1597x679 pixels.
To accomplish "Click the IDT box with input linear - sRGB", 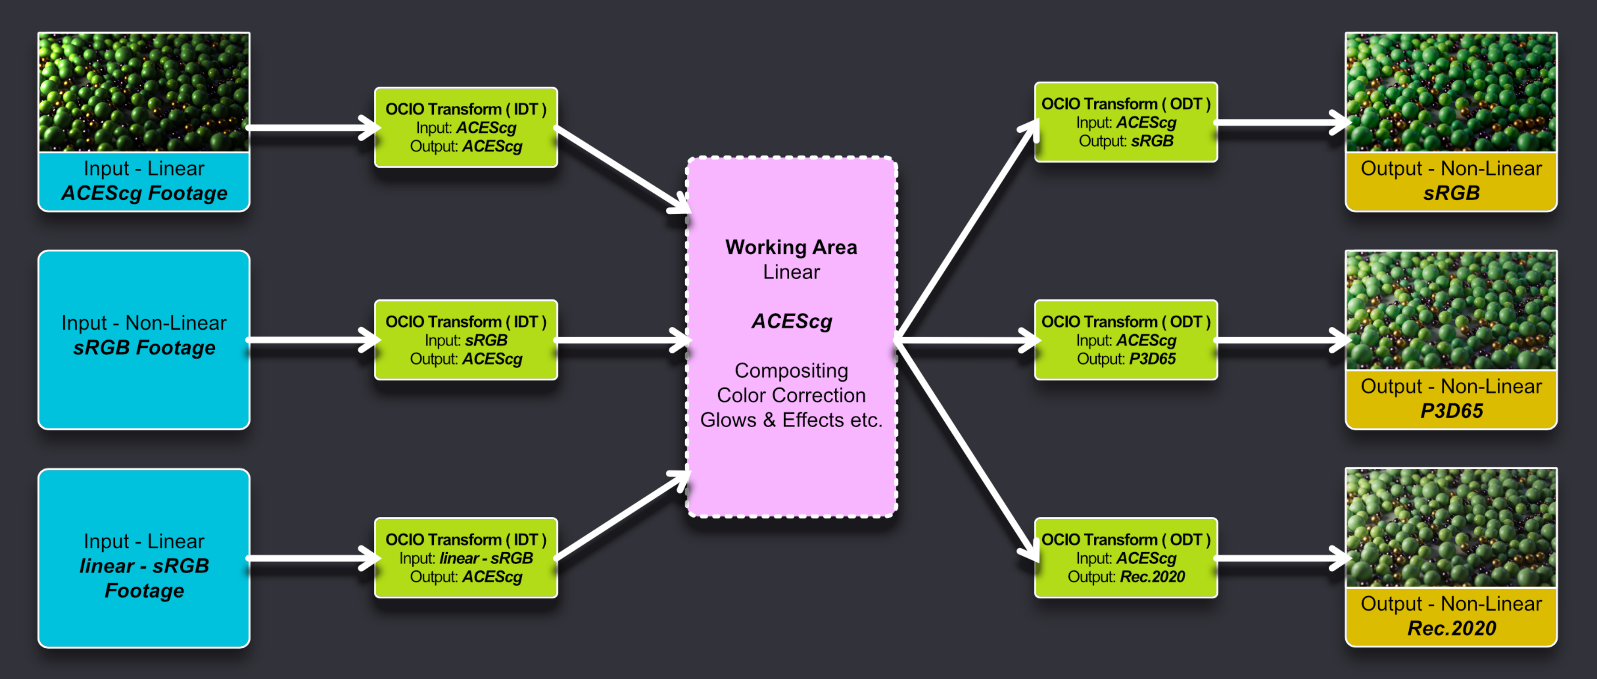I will (466, 558).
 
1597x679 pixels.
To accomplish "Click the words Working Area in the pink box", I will (791, 247).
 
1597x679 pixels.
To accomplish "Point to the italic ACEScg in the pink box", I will (791, 321).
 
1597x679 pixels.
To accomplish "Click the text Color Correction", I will (791, 395).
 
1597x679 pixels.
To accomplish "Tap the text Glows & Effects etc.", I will (791, 420).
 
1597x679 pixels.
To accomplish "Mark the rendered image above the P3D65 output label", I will (1451, 310).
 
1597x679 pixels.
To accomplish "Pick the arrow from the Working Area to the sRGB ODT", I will (967, 229).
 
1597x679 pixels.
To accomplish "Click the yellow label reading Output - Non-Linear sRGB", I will (1451, 181).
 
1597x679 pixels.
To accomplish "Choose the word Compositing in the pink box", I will (791, 370).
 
